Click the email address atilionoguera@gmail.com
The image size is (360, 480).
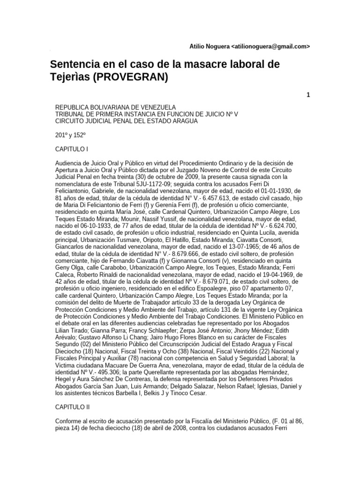(271, 47)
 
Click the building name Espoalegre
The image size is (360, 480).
(212, 289)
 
